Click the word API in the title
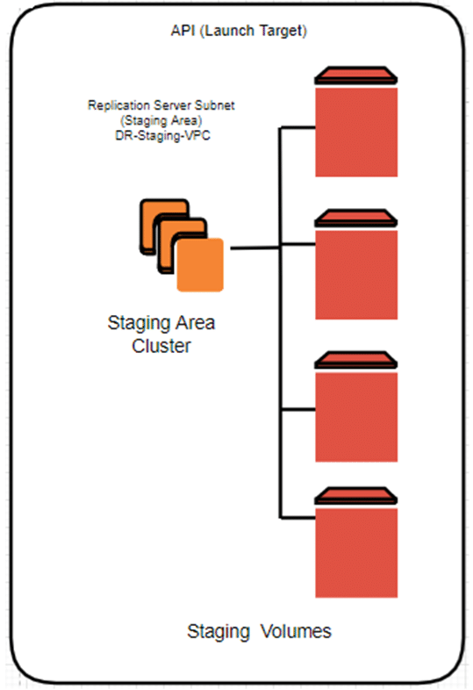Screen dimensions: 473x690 tap(183, 31)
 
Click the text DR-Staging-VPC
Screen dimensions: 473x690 tap(163, 135)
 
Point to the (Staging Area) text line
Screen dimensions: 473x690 tap(161, 120)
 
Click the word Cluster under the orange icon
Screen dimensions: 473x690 tap(161, 346)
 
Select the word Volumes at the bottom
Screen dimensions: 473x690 tap(296, 631)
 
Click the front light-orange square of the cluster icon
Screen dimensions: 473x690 tap(200, 264)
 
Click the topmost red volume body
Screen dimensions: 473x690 tap(356, 132)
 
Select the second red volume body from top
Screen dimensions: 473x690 tap(356, 275)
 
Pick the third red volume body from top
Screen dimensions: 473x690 tap(356, 417)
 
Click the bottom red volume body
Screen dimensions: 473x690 tap(356, 553)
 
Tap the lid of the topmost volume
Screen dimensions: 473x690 tap(356, 75)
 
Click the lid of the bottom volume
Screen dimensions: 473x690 tap(356, 495)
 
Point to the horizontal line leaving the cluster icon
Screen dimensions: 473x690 tap(254, 248)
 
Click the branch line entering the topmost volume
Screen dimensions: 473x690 tap(297, 127)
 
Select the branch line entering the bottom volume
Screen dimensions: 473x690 tap(297, 518)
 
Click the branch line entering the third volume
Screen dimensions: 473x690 tap(297, 410)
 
